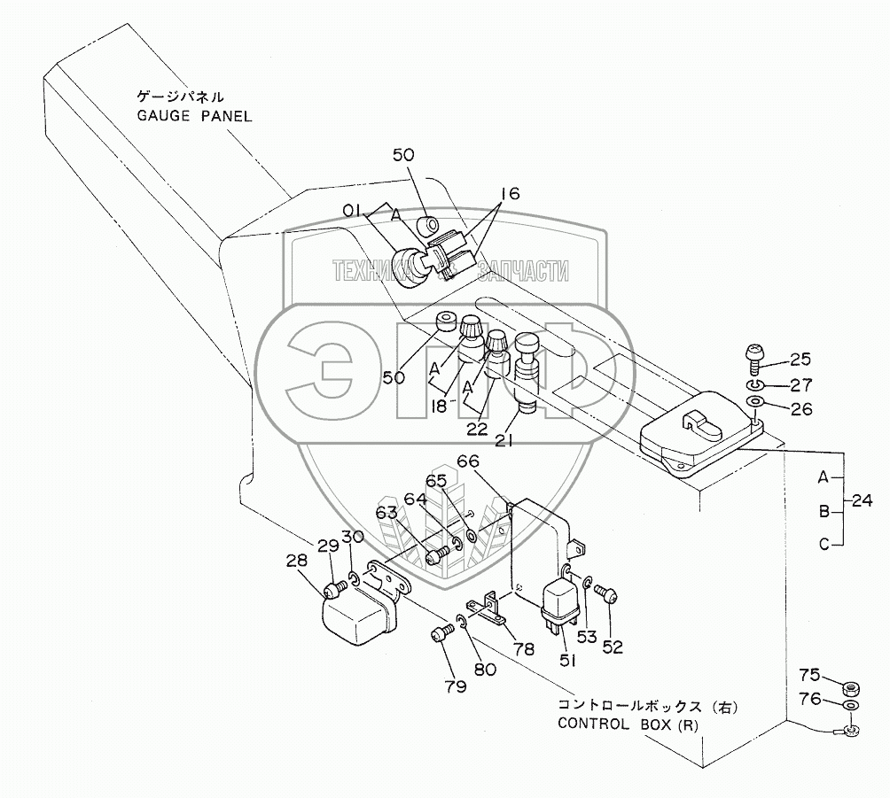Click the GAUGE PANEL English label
[194, 116]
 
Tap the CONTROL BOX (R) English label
[628, 724]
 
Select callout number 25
[800, 359]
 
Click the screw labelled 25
[754, 359]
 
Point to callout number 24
[862, 500]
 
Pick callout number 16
[511, 193]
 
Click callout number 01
[352, 211]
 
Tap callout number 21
[504, 439]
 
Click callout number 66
[468, 461]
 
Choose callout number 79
[456, 686]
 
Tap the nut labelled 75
[850, 688]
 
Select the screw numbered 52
[606, 593]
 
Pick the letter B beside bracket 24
[824, 512]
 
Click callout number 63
[386, 513]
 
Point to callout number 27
[800, 385]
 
